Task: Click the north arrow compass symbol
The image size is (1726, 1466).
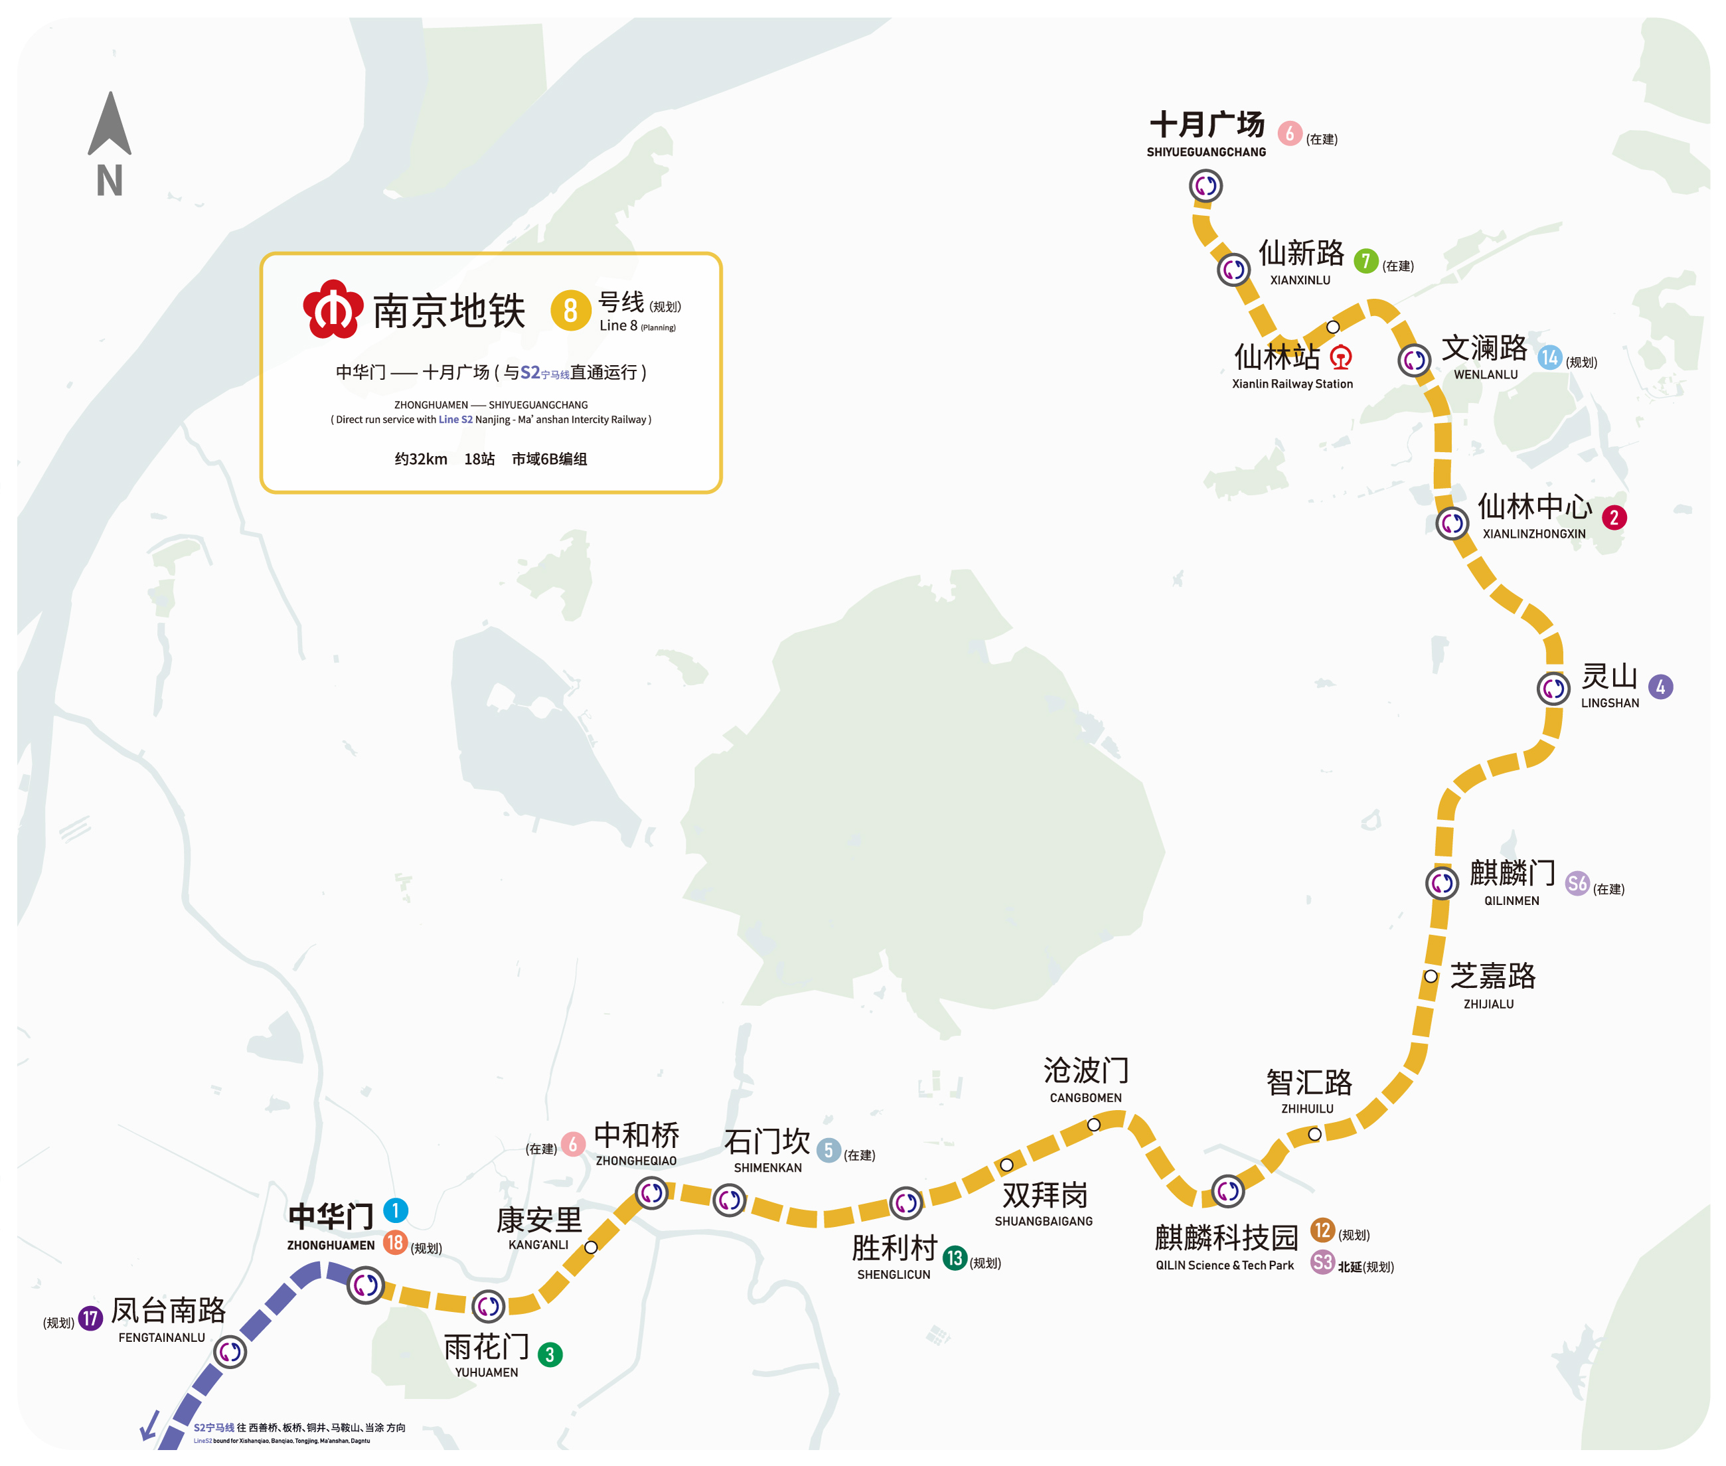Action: [110, 125]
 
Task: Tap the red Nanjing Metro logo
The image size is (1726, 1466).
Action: [333, 309]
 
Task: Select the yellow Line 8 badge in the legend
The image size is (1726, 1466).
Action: [570, 310]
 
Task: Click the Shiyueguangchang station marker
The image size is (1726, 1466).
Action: [1205, 185]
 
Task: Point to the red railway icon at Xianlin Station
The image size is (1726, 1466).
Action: [1340, 357]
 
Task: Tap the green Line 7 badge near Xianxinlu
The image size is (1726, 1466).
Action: [1366, 261]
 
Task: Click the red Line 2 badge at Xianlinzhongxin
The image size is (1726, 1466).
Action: [1614, 518]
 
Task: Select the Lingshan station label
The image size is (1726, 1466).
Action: [1608, 686]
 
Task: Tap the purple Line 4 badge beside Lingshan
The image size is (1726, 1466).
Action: [1660, 687]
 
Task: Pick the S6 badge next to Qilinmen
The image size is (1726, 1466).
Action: [1577, 884]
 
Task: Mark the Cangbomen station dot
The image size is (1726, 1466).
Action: [1093, 1125]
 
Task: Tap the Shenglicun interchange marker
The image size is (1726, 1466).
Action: [905, 1202]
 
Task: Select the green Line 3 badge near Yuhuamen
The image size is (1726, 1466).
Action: [549, 1354]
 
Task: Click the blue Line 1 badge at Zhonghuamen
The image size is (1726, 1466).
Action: [396, 1210]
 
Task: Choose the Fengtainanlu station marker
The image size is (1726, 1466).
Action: [230, 1353]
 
